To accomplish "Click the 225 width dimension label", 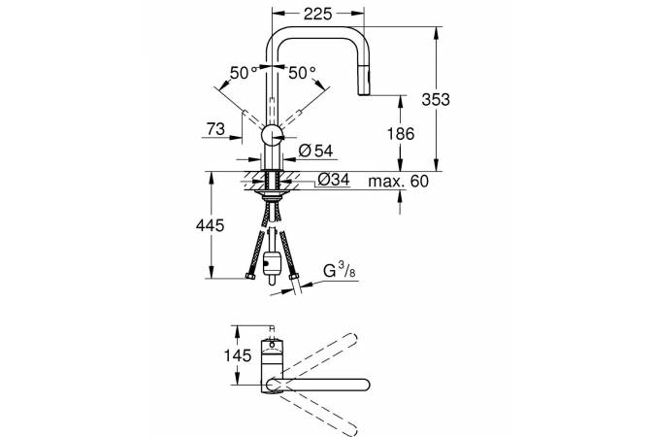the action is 317,14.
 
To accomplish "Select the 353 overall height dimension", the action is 436,99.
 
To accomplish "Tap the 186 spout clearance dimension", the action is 401,134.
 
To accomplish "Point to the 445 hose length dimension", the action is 211,225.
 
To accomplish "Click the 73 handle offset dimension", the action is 216,129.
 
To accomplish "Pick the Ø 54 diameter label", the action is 316,151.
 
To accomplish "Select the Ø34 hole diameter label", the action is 334,180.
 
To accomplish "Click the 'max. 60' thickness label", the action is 399,182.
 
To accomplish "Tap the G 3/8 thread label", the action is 340,272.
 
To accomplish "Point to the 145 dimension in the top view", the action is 238,355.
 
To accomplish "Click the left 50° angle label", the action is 244,73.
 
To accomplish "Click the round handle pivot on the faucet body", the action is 273,135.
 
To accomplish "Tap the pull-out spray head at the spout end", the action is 363,81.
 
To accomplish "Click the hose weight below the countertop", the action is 272,264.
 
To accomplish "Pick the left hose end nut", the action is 250,276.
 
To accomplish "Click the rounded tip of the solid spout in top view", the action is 365,386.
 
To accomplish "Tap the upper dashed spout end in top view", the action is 352,338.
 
